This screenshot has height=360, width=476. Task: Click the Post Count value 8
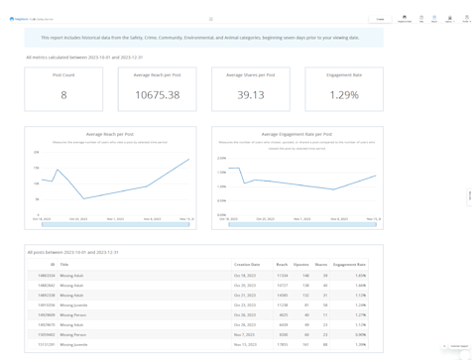point(63,95)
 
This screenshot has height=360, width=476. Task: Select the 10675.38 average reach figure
point(157,95)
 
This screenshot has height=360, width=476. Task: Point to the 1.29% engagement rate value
point(344,95)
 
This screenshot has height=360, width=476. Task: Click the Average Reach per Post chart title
point(110,134)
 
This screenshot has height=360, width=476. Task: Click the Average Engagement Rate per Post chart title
point(297,134)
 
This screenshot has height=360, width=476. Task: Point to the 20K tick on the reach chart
point(37,153)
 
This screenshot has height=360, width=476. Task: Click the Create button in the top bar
point(380,19)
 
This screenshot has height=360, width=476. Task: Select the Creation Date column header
point(247,265)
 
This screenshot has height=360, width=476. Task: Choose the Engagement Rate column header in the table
point(349,265)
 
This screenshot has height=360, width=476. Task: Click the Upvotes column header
point(300,265)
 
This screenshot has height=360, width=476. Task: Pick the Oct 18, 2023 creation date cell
point(245,276)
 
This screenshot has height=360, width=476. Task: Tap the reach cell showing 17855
point(282,345)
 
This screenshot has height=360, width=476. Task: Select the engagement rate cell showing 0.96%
point(360,335)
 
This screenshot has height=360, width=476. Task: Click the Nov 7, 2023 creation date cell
point(245,335)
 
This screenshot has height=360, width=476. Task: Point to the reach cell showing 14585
point(282,296)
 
